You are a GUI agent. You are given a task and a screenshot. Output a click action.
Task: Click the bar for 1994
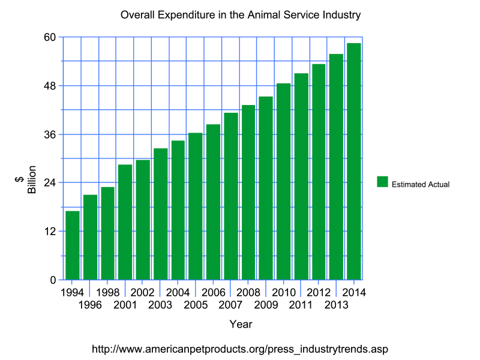point(73,245)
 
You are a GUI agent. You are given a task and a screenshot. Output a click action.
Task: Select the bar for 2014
point(353,161)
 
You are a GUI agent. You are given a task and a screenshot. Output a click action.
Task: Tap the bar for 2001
point(125,222)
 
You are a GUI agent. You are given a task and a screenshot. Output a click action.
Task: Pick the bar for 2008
point(248,193)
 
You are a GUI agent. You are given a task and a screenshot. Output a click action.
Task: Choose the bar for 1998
point(108,233)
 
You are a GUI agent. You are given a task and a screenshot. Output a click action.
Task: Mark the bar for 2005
point(196,206)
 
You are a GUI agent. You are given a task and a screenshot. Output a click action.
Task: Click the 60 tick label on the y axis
point(50,37)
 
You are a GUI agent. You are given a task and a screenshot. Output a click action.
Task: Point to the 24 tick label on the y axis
point(50,182)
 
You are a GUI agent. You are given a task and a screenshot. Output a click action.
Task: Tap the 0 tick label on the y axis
point(53,280)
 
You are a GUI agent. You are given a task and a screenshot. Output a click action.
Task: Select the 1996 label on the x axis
point(90,305)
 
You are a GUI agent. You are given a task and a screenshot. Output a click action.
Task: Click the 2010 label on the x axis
point(283,293)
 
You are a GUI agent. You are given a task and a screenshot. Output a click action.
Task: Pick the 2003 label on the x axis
point(160,305)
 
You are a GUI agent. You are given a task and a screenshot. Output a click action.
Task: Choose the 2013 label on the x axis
point(336,305)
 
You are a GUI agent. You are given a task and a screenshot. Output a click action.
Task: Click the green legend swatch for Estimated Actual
point(382,182)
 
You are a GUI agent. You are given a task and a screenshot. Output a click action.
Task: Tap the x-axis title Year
point(241,325)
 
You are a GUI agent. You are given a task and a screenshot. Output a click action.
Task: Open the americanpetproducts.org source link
point(244,349)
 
